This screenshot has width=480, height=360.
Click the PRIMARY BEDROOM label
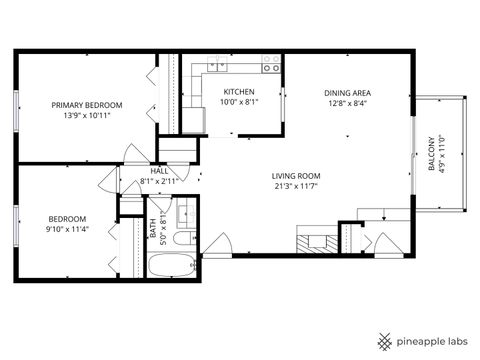88,105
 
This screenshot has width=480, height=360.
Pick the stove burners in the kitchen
271,63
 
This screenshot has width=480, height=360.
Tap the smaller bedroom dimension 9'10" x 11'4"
68,229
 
